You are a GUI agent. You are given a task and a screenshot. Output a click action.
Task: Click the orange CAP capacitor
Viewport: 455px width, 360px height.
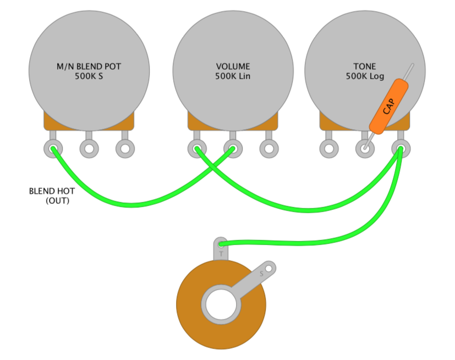pyautogui.click(x=388, y=107)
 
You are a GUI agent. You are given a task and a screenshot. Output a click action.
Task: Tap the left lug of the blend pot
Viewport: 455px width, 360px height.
pyautogui.click(x=53, y=149)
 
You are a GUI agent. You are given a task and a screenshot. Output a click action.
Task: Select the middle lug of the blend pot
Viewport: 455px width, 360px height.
pyautogui.click(x=89, y=149)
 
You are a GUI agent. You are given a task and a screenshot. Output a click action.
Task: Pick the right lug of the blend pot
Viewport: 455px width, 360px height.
pyautogui.click(x=125, y=149)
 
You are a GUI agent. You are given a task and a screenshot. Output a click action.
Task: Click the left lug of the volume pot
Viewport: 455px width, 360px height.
pyautogui.click(x=197, y=149)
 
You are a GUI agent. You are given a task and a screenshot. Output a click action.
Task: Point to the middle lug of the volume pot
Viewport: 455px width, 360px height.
pyautogui.click(x=233, y=149)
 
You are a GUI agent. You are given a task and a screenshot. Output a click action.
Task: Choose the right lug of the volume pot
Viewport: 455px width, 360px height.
pyautogui.click(x=269, y=149)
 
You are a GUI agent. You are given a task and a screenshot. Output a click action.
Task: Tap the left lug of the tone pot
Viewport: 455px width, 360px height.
pyautogui.click(x=329, y=149)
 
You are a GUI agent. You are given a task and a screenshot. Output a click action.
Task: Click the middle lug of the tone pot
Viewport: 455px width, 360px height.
pyautogui.click(x=365, y=149)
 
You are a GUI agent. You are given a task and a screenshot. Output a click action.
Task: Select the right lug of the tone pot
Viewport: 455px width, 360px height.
pyautogui.click(x=401, y=149)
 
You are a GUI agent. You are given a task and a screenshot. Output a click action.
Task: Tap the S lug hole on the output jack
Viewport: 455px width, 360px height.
pyautogui.click(x=268, y=269)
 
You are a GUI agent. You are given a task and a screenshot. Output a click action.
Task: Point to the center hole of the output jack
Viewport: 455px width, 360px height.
pyautogui.click(x=221, y=304)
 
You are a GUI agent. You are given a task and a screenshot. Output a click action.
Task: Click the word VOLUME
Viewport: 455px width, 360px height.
pyautogui.click(x=233, y=67)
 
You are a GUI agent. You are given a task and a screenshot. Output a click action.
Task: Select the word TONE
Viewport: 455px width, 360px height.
pyautogui.click(x=364, y=67)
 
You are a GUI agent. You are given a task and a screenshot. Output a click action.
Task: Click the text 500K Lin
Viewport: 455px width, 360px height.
pyautogui.click(x=233, y=76)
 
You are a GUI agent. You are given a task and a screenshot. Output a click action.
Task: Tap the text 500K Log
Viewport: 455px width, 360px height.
pyautogui.click(x=365, y=76)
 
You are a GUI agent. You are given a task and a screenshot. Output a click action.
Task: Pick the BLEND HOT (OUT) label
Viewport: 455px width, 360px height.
pyautogui.click(x=52, y=196)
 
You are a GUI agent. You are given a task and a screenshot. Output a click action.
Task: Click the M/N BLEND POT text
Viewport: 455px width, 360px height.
pyautogui.click(x=89, y=67)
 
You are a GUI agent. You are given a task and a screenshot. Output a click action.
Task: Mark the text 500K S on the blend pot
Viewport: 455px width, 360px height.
pyautogui.click(x=89, y=76)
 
